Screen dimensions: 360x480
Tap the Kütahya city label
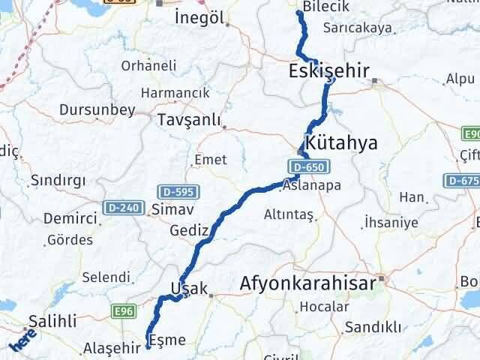pyautogui.click(x=340, y=142)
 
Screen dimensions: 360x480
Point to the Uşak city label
pyautogui.click(x=188, y=288)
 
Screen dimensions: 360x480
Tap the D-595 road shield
pyautogui.click(x=172, y=191)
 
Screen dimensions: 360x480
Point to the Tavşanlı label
pyautogui.click(x=189, y=119)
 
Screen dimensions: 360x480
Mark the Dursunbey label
pyautogui.click(x=97, y=109)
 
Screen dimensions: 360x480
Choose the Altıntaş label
pyautogui.click(x=288, y=214)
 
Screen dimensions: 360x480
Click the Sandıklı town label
pyautogui.click(x=373, y=327)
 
